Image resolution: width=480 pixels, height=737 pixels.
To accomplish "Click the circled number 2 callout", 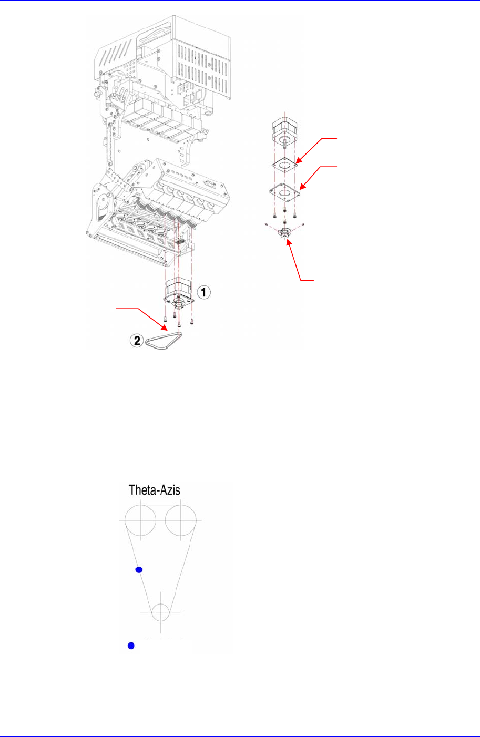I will tap(137, 341).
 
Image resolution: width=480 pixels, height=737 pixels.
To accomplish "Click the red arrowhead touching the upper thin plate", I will tap(297, 159).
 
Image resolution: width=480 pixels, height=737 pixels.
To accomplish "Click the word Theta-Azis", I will tap(155, 490).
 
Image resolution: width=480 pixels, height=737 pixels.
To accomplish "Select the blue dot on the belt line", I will tap(139, 569).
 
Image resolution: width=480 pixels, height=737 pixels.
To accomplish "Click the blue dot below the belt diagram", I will tap(132, 646).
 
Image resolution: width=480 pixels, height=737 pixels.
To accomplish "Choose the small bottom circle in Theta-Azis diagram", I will tap(161, 612).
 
